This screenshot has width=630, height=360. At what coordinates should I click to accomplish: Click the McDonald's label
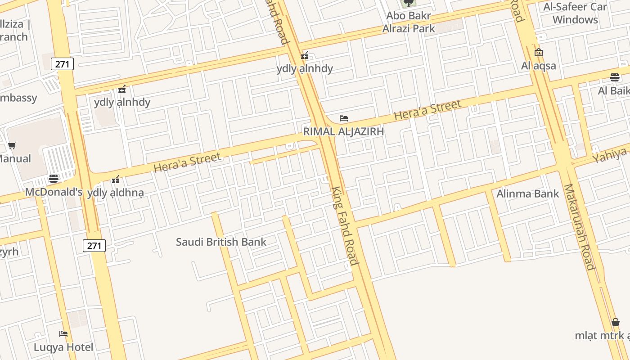(54, 192)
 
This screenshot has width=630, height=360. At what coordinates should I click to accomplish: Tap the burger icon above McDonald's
(54, 179)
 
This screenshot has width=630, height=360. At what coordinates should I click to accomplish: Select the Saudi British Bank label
(221, 242)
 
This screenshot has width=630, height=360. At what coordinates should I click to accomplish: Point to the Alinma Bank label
(527, 194)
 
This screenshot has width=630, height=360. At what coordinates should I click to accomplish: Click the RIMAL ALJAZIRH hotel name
(343, 131)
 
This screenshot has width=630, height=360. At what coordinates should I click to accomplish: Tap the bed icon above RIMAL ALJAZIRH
(344, 118)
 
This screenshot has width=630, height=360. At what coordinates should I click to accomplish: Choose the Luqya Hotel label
(63, 347)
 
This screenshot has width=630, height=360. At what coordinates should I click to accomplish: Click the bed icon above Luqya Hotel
(63, 334)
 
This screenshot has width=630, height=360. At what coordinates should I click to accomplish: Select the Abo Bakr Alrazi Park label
(409, 22)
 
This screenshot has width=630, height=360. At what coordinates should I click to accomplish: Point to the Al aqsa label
(539, 66)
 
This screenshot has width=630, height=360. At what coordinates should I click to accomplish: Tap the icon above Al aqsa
(538, 53)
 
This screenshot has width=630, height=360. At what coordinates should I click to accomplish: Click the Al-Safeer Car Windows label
(575, 13)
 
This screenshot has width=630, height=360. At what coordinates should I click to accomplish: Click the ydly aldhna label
(116, 193)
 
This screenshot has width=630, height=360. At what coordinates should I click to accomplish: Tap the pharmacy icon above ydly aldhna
(116, 180)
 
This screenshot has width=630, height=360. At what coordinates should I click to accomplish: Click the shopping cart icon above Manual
(12, 145)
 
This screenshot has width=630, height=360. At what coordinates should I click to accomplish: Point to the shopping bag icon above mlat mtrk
(615, 322)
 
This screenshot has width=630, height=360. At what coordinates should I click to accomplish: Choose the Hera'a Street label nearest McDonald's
(187, 162)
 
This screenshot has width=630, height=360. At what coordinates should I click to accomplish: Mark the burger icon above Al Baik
(615, 77)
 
